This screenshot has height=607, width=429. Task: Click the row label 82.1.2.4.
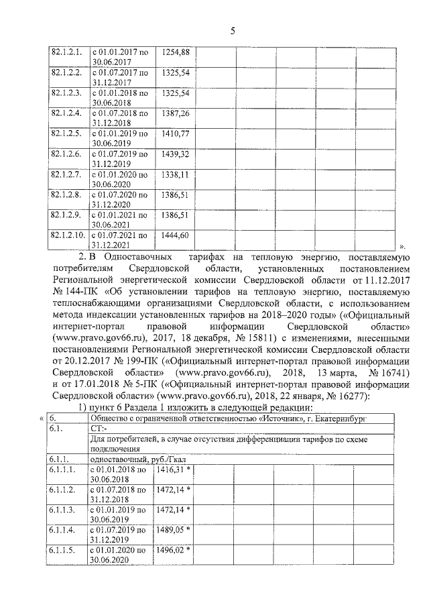[66, 113]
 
